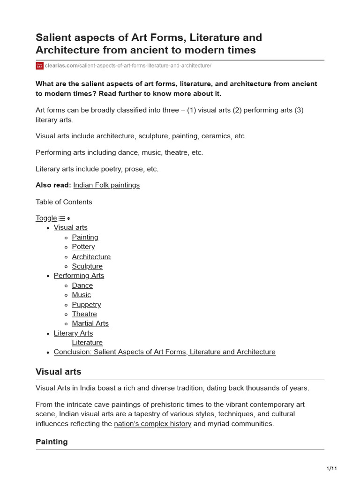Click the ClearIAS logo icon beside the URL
tap(39, 66)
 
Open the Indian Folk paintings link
tap(106, 185)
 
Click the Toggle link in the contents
tap(46, 218)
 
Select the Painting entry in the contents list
tap(85, 237)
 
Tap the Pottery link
tap(83, 247)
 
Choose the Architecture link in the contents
tap(91, 257)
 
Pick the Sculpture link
tap(87, 266)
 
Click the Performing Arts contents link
tap(79, 276)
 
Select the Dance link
tap(82, 285)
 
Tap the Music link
tap(82, 295)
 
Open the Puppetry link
tap(86, 305)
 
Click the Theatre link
tap(84, 314)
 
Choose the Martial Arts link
tap(90, 323)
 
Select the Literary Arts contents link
tap(73, 333)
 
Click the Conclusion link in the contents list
tap(165, 352)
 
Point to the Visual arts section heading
tap(59, 372)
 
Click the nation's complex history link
tap(152, 424)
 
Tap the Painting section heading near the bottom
tap(52, 442)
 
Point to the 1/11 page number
tap(331, 468)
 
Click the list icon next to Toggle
tap(62, 218)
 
